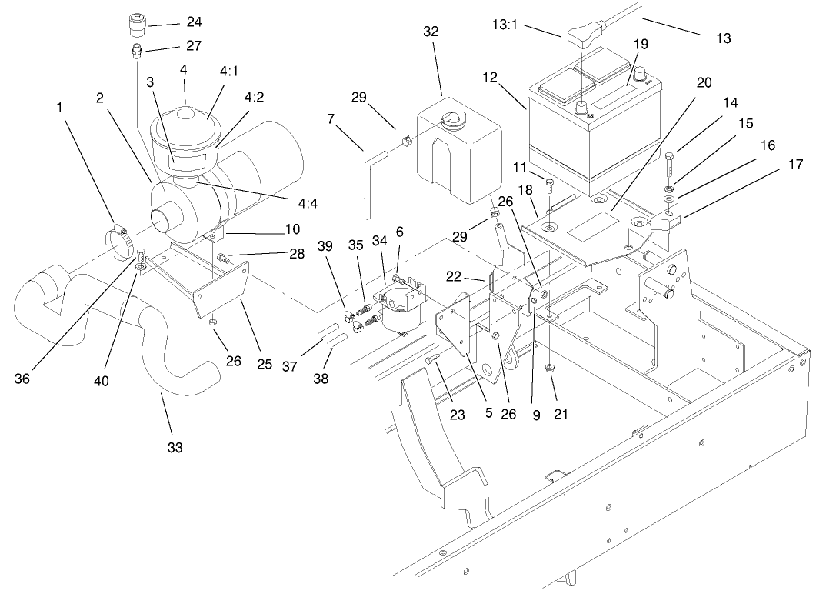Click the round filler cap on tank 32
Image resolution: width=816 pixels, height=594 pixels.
[x=452, y=118]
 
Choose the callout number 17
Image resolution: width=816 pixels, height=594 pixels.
[x=794, y=164]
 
